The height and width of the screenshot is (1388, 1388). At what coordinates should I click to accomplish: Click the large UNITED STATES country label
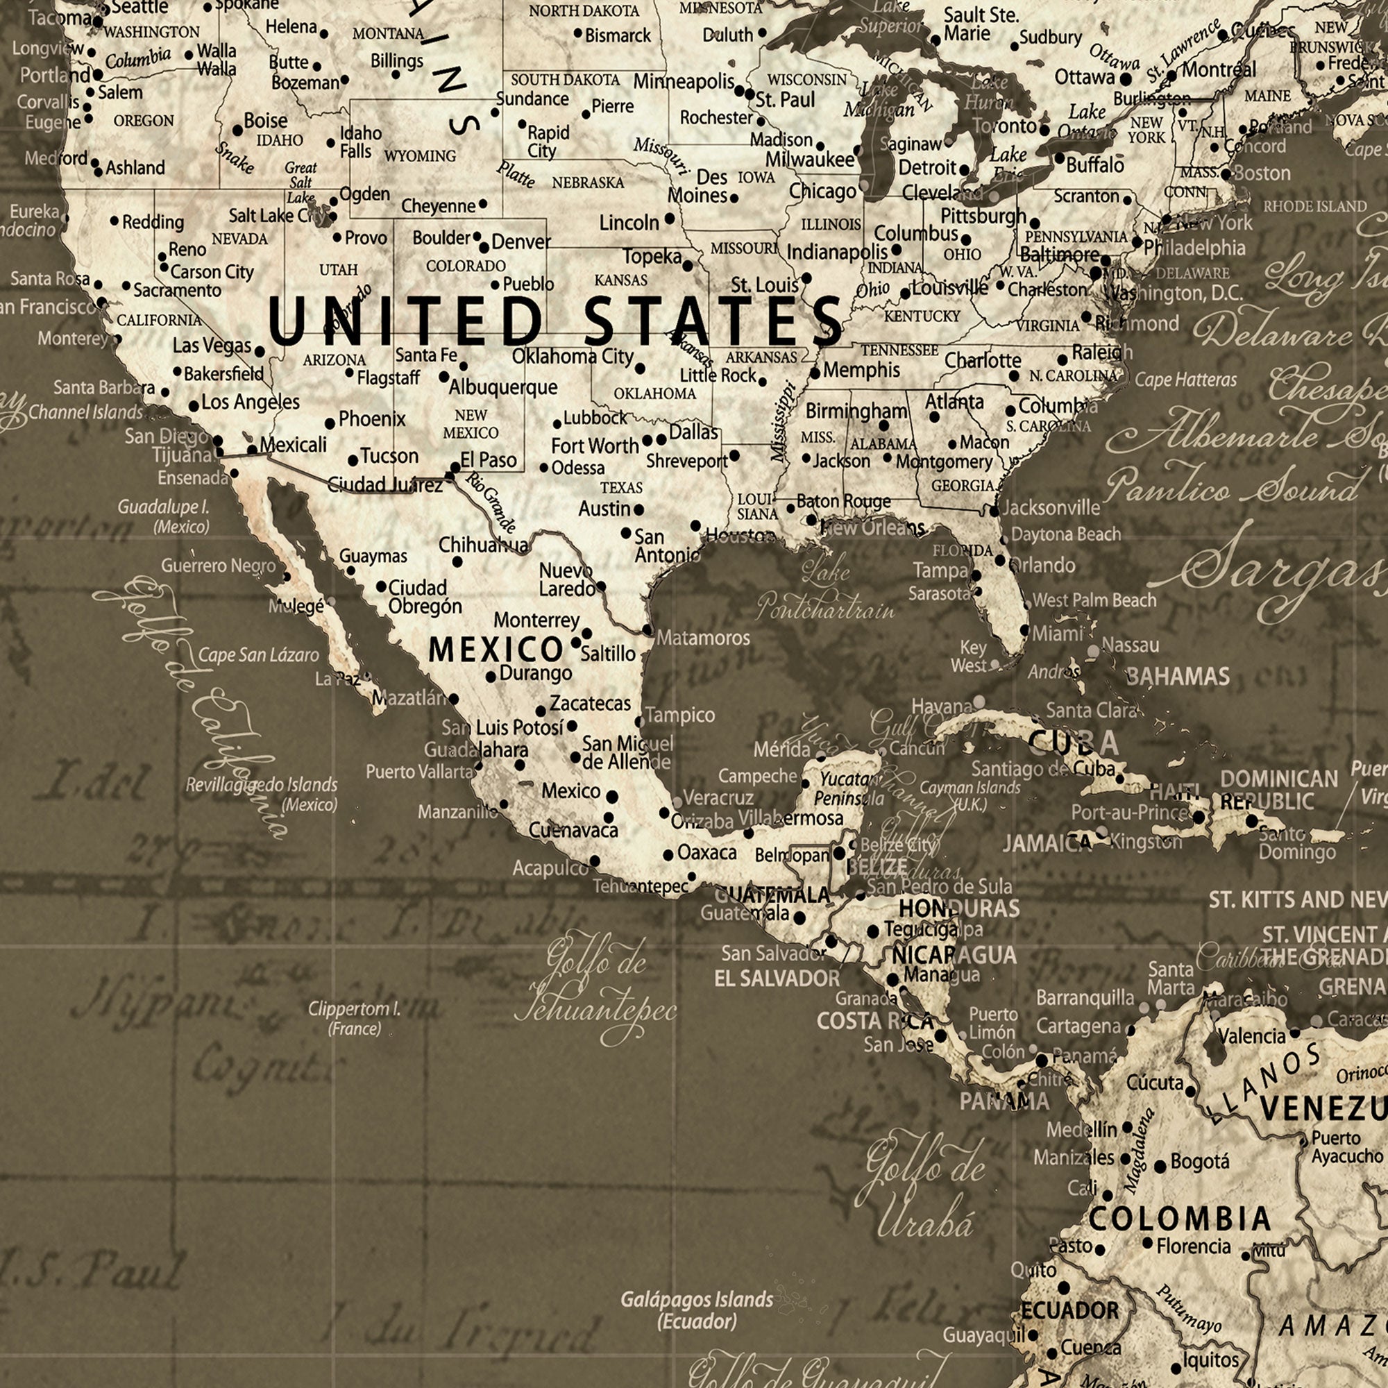point(555,321)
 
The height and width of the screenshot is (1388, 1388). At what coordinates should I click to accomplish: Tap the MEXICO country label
point(496,650)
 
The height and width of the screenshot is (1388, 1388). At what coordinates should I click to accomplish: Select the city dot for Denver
point(484,248)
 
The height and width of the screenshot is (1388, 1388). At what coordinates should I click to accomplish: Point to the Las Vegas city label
point(212,346)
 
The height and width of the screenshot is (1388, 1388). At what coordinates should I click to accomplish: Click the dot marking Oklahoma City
point(640,369)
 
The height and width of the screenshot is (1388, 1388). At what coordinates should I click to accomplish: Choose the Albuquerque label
point(503,387)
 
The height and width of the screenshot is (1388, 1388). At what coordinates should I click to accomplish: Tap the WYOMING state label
point(420,156)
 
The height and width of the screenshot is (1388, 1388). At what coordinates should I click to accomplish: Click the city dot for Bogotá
point(1160,1167)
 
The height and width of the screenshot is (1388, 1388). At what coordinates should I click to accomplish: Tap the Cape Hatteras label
point(1186,380)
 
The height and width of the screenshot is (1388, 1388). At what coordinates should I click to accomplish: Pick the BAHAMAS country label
point(1178,676)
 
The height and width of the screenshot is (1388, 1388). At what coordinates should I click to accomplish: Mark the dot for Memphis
point(815,373)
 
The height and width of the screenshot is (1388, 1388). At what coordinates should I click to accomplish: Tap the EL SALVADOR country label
point(777,979)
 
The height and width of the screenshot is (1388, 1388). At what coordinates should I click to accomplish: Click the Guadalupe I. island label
point(164,507)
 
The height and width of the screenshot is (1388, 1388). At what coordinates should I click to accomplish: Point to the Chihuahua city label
point(484,545)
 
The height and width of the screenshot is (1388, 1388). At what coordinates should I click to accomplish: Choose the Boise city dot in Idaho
point(238,130)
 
